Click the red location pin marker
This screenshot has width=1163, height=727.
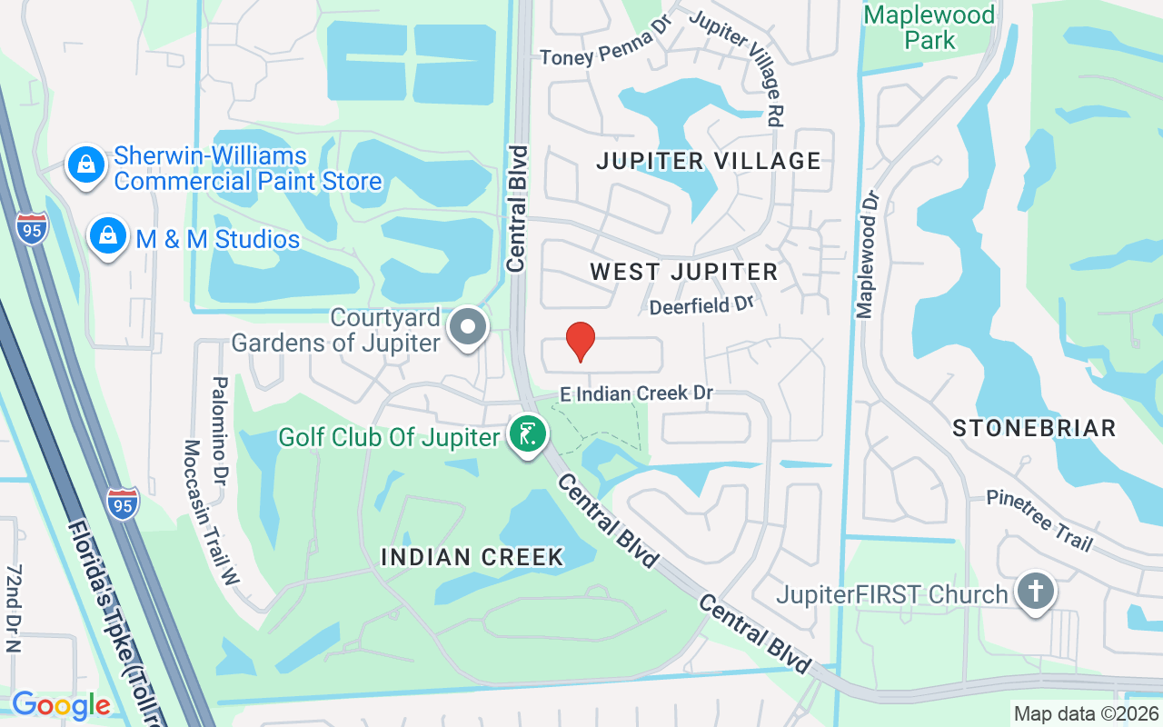[581, 343]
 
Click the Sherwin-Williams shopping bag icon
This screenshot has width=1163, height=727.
[84, 165]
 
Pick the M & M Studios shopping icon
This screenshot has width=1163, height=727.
[107, 236]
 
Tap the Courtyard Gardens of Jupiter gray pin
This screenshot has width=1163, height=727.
[469, 327]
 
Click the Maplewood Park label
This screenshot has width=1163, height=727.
[929, 27]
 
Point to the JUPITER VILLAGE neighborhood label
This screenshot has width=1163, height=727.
[709, 162]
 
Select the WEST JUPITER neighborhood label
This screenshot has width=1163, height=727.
[683, 272]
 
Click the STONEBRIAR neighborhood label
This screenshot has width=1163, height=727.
[1034, 429]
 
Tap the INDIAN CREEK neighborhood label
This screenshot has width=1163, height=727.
[472, 557]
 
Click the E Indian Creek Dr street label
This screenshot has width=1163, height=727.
[636, 393]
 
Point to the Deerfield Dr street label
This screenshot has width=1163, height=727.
[702, 305]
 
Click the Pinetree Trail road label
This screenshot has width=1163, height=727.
[1040, 522]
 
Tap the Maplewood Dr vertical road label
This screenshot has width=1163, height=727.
[866, 254]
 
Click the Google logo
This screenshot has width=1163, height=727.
[61, 705]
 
